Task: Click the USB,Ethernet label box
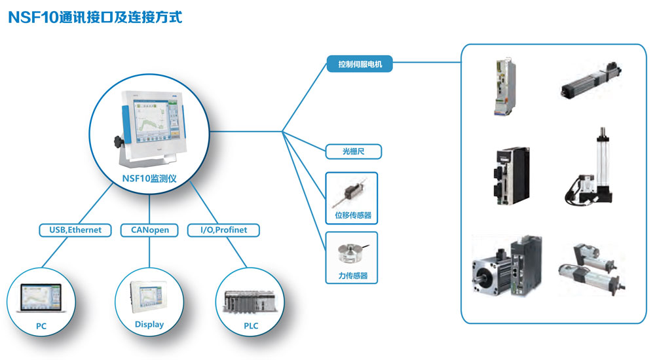[71, 230]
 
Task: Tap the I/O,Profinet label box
[223, 230]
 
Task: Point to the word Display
[149, 325]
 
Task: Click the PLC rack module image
[250, 301]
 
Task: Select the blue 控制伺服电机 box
[360, 64]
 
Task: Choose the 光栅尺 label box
[353, 152]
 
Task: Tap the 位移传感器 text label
[352, 215]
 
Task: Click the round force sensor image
[352, 255]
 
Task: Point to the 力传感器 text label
[352, 276]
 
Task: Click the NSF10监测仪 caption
[149, 177]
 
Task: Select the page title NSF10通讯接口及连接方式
[94, 18]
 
